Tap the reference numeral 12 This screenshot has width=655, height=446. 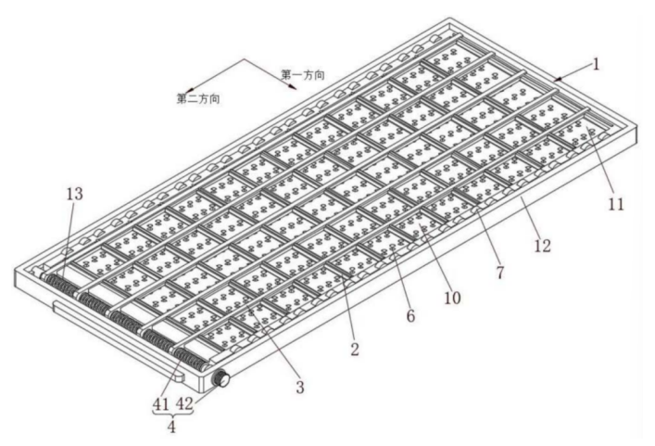(x=542, y=247)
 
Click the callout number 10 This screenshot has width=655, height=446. (x=451, y=298)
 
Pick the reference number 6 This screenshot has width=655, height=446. (x=411, y=316)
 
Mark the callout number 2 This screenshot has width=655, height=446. (x=355, y=350)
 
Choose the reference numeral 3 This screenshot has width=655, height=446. (x=299, y=387)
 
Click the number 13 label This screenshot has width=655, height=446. (x=74, y=193)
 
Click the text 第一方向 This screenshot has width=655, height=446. (x=303, y=73)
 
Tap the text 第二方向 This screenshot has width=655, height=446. (x=197, y=97)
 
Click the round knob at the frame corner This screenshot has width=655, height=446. (x=221, y=379)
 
